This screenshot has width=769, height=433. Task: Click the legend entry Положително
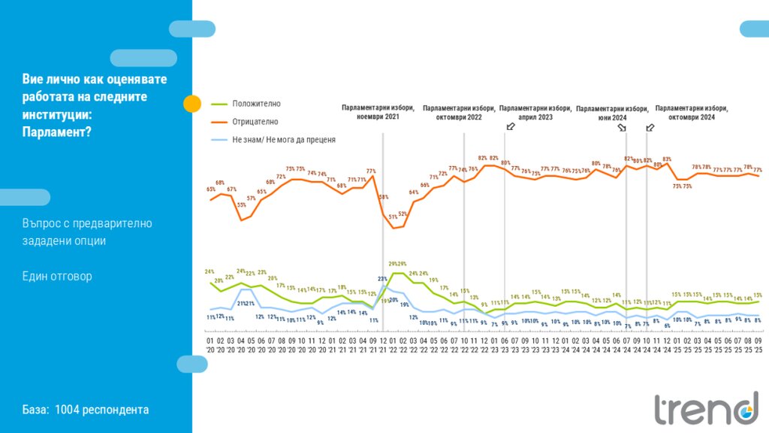tap(256, 104)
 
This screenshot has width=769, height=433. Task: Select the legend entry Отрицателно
tap(255, 122)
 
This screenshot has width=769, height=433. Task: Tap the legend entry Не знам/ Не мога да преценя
tap(283, 140)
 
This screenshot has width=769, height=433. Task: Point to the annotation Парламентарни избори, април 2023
tap(535, 113)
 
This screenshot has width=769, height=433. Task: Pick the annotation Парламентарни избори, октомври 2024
tap(692, 113)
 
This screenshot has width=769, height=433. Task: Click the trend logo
tap(705, 408)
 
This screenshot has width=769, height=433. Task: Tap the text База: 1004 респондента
tap(86, 410)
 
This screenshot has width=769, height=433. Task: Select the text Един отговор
tap(57, 277)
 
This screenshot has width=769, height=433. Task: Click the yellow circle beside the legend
tap(192, 104)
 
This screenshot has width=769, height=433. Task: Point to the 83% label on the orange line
tap(666, 159)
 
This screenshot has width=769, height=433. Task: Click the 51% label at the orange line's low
tap(393, 217)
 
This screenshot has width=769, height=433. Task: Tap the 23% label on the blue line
tap(382, 279)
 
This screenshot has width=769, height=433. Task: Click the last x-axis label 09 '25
tap(758, 345)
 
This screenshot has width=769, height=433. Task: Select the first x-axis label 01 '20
tap(210, 345)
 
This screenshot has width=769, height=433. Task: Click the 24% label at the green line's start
tap(210, 272)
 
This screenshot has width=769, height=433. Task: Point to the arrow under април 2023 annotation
tap(511, 126)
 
